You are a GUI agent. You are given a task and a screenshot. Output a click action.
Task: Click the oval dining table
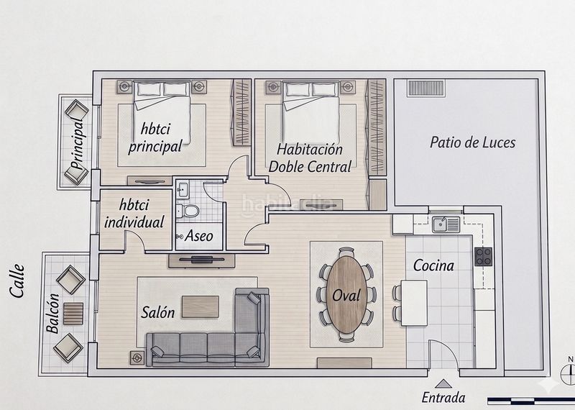click(346, 295)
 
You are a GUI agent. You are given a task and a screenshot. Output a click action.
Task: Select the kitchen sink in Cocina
click(446, 224)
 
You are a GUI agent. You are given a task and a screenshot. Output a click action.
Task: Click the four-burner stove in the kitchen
click(483, 256)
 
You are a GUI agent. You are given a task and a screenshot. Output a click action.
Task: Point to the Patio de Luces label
click(472, 142)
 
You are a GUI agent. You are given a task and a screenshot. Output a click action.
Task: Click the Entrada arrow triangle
click(443, 383)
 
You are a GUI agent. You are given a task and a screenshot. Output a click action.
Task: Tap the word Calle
click(17, 281)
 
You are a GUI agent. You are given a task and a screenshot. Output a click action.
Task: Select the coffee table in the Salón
click(201, 306)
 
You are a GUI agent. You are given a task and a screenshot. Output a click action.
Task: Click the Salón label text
click(157, 312)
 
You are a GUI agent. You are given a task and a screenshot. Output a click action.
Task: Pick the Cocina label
click(433, 265)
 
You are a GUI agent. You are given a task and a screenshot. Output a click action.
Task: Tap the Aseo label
click(199, 236)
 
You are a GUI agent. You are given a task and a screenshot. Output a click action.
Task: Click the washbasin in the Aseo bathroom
click(183, 189)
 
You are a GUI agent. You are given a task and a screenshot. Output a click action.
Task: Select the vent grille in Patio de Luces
click(426, 88)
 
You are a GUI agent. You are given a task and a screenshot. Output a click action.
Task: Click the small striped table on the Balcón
click(73, 314)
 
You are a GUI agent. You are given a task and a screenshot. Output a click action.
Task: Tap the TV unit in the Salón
click(202, 260)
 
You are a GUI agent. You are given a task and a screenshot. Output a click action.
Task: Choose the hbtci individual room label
click(134, 213)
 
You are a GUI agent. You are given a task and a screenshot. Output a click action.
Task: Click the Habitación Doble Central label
click(310, 158)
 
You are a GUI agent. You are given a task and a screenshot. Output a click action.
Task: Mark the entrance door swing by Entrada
click(443, 354)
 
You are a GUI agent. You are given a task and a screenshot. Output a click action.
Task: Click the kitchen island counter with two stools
click(414, 303)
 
